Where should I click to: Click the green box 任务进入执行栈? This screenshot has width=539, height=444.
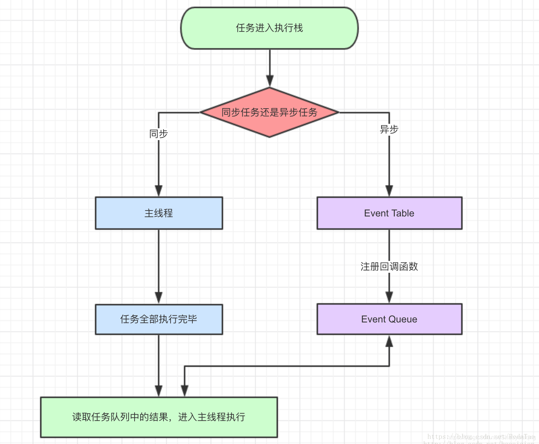click(x=269, y=28)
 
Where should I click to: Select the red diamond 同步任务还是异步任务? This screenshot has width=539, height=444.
click(x=269, y=112)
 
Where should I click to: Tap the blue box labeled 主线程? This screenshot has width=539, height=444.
click(x=159, y=213)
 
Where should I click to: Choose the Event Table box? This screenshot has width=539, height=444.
click(x=389, y=213)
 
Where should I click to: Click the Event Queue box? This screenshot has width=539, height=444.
click(x=389, y=319)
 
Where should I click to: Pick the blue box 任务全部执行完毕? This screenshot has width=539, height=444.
click(x=159, y=319)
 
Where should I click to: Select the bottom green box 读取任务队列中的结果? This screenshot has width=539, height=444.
click(x=159, y=417)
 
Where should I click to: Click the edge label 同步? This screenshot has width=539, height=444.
click(x=159, y=134)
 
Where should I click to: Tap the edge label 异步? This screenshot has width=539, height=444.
click(x=389, y=129)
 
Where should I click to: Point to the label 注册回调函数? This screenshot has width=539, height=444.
click(x=389, y=266)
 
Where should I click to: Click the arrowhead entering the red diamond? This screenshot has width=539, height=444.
click(x=270, y=81)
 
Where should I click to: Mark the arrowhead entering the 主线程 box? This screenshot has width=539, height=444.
click(x=159, y=191)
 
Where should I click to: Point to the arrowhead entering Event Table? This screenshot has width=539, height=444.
click(x=389, y=191)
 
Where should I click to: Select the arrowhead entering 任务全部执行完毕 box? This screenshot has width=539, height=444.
click(x=159, y=298)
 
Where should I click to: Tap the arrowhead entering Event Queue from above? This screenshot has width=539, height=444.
click(x=389, y=297)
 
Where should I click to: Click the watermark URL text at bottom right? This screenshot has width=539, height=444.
click(x=481, y=437)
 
